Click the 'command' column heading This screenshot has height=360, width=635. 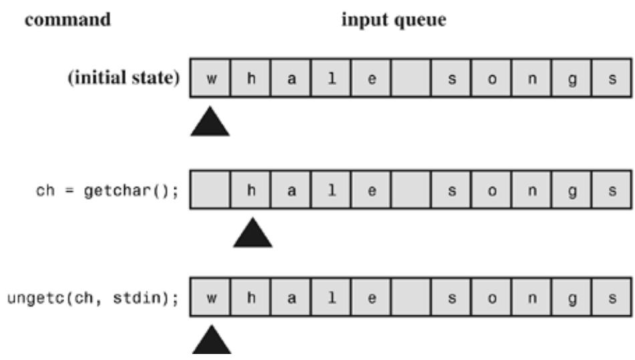[68, 19]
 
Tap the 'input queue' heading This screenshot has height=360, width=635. [394, 20]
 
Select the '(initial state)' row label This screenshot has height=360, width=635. [124, 77]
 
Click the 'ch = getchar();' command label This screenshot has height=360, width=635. [107, 190]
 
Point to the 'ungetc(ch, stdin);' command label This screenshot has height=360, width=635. [93, 298]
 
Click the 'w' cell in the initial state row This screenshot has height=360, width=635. [210, 78]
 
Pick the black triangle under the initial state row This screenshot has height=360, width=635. [210, 122]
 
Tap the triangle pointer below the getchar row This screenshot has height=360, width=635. [253, 232]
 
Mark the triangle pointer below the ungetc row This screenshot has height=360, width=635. [212, 340]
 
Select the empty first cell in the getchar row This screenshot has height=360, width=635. [210, 190]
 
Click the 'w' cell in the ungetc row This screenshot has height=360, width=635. [210, 297]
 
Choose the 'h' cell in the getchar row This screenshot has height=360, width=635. [250, 190]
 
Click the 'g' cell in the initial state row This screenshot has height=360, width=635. [571, 78]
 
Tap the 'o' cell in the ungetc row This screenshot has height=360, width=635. [491, 297]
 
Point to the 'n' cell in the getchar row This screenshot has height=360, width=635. [531, 190]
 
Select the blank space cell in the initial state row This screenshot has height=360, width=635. [411, 78]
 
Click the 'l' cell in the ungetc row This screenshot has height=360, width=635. [331, 297]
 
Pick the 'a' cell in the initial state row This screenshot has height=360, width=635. [291, 78]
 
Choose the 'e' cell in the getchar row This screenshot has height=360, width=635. [371, 190]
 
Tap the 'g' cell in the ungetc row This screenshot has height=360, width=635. [571, 297]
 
